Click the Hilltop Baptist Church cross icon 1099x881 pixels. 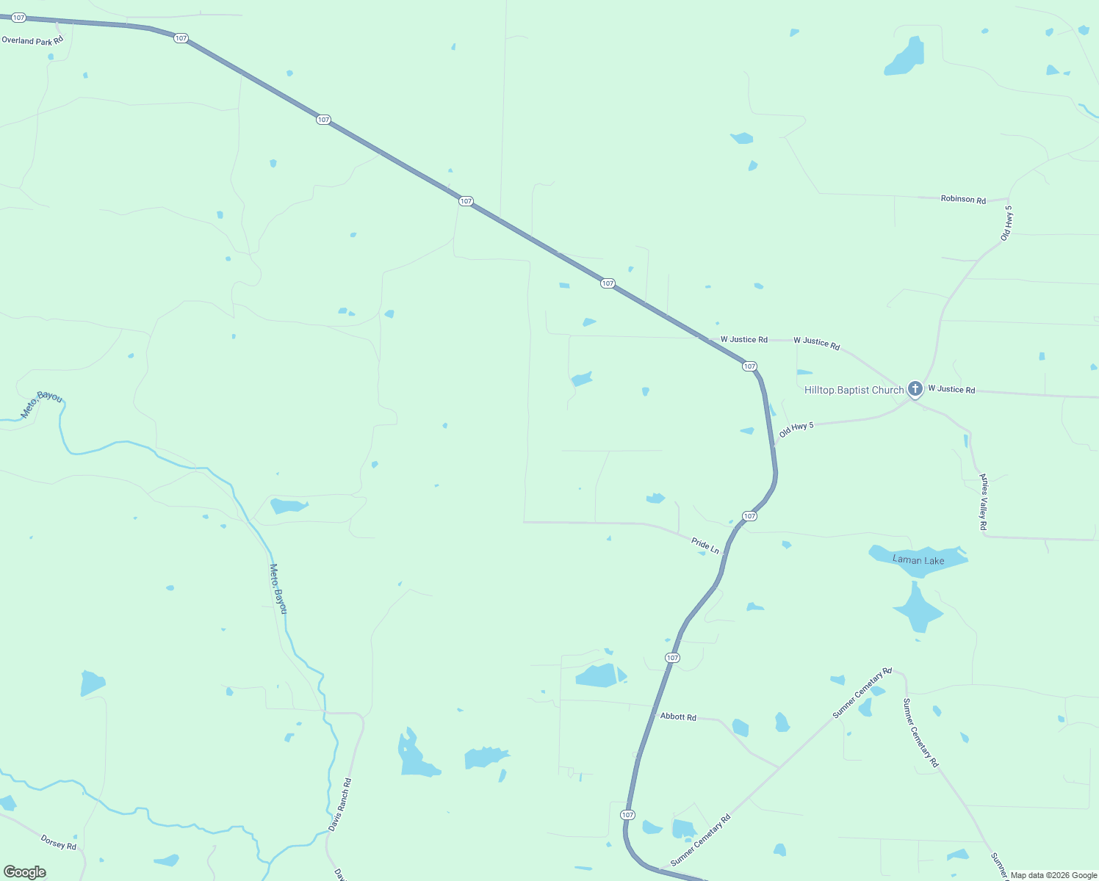[915, 388]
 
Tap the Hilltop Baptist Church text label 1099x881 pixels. [854, 390]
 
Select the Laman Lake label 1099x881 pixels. [918, 560]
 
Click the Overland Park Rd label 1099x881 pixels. [32, 40]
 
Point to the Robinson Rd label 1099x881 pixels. [963, 199]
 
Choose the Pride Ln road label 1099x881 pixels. [705, 545]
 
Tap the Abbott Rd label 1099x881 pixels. [678, 717]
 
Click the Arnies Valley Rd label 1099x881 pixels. [984, 502]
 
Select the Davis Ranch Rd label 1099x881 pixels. [340, 805]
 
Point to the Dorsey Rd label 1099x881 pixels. [59, 842]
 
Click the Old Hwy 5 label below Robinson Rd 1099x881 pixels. [1006, 223]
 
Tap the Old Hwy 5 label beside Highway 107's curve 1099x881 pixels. [796, 429]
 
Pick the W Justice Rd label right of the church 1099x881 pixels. [951, 389]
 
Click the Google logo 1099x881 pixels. [25, 872]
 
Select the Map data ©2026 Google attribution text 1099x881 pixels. [1053, 875]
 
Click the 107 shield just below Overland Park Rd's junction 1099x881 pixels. [181, 38]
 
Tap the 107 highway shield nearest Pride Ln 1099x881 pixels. [749, 516]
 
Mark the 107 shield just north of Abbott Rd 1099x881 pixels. [672, 658]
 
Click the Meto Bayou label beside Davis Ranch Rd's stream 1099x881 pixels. [278, 589]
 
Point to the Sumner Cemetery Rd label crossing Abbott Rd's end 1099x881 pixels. [862, 693]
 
